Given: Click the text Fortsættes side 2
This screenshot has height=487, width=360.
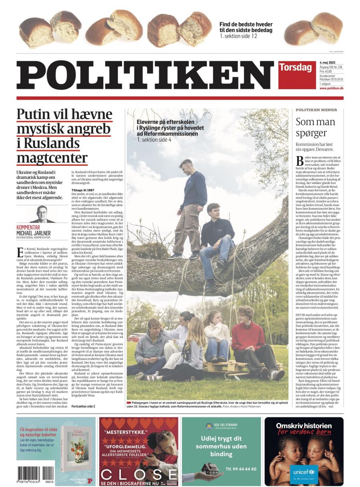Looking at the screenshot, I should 83,406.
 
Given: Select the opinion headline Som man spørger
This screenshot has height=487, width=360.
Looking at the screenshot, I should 315,127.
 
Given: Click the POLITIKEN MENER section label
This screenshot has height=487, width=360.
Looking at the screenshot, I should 316,110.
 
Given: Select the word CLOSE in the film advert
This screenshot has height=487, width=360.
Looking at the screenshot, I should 138,474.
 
